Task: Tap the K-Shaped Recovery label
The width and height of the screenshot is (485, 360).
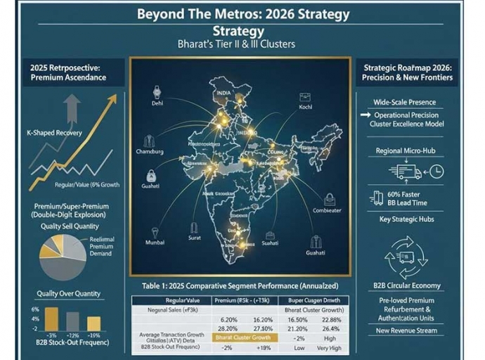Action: pyautogui.click(x=54, y=132)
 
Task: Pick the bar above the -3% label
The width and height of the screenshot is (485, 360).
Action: pyautogui.click(x=51, y=318)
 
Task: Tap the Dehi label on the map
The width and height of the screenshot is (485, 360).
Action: pyautogui.click(x=157, y=103)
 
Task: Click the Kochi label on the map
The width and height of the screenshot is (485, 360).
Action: pyautogui.click(x=304, y=108)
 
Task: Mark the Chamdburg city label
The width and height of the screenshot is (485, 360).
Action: pyautogui.click(x=149, y=151)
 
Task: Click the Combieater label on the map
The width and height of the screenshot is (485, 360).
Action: pyautogui.click(x=326, y=210)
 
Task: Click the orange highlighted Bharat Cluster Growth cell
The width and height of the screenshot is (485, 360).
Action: pyautogui.click(x=240, y=337)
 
